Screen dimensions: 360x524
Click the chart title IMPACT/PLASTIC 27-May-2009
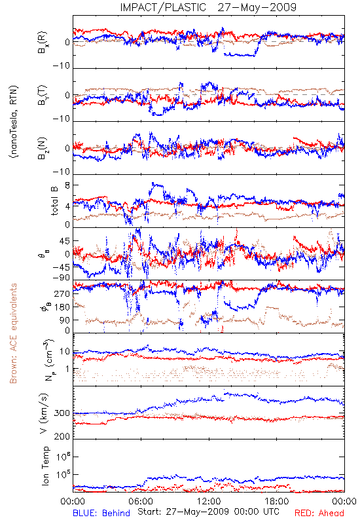[x=208, y=7]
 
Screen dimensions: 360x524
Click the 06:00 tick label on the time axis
[x=141, y=502]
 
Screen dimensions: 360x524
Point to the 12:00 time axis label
[x=209, y=502]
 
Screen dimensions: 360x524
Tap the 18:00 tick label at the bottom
[x=277, y=502]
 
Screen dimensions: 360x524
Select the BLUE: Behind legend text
[x=101, y=514]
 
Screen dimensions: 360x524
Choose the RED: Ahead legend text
[x=319, y=514]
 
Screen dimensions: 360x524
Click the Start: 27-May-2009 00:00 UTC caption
[x=208, y=512]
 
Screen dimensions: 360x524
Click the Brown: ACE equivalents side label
[x=13, y=333]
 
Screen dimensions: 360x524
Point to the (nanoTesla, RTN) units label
[x=14, y=122]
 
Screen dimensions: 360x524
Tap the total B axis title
[x=54, y=201]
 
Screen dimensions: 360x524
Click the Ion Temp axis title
[x=45, y=466]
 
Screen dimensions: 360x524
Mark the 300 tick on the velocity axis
[x=62, y=413]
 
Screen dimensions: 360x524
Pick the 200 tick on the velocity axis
[x=62, y=436]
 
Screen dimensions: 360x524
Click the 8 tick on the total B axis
[x=67, y=185]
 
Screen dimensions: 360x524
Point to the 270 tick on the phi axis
[x=63, y=293]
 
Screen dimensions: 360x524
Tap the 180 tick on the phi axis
[x=63, y=307]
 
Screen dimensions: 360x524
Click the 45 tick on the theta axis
[x=65, y=241]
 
